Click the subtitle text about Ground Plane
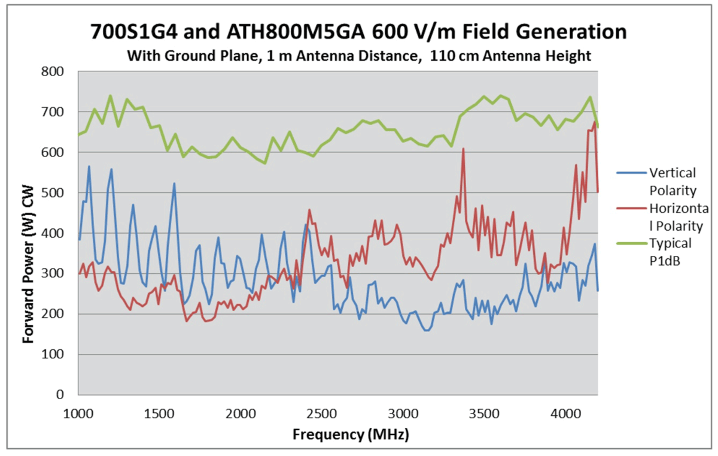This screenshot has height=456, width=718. click(359, 56)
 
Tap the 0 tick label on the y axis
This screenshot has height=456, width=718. click(66, 395)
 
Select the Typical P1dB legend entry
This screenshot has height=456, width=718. click(671, 252)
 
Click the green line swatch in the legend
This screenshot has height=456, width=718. click(631, 244)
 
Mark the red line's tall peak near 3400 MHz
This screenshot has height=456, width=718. click(463, 149)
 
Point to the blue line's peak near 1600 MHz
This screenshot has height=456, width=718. click(174, 183)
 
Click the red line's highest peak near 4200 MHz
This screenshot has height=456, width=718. click(594, 122)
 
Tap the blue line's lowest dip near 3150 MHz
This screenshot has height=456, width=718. click(427, 330)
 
